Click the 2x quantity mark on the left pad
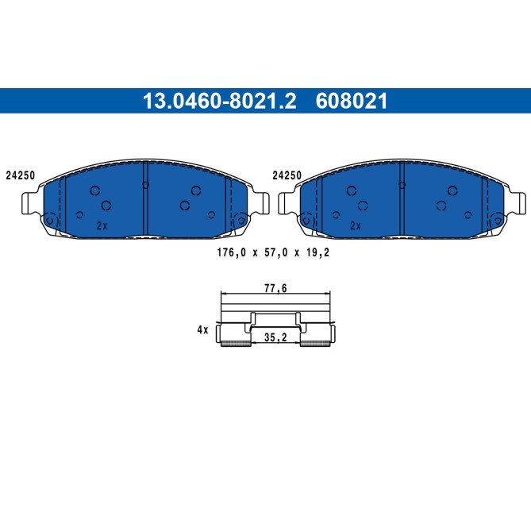click(101, 225)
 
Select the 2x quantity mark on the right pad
click(356, 225)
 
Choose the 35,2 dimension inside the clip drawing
click(275, 337)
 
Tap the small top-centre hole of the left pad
click(145, 185)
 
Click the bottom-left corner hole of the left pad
click(51, 220)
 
